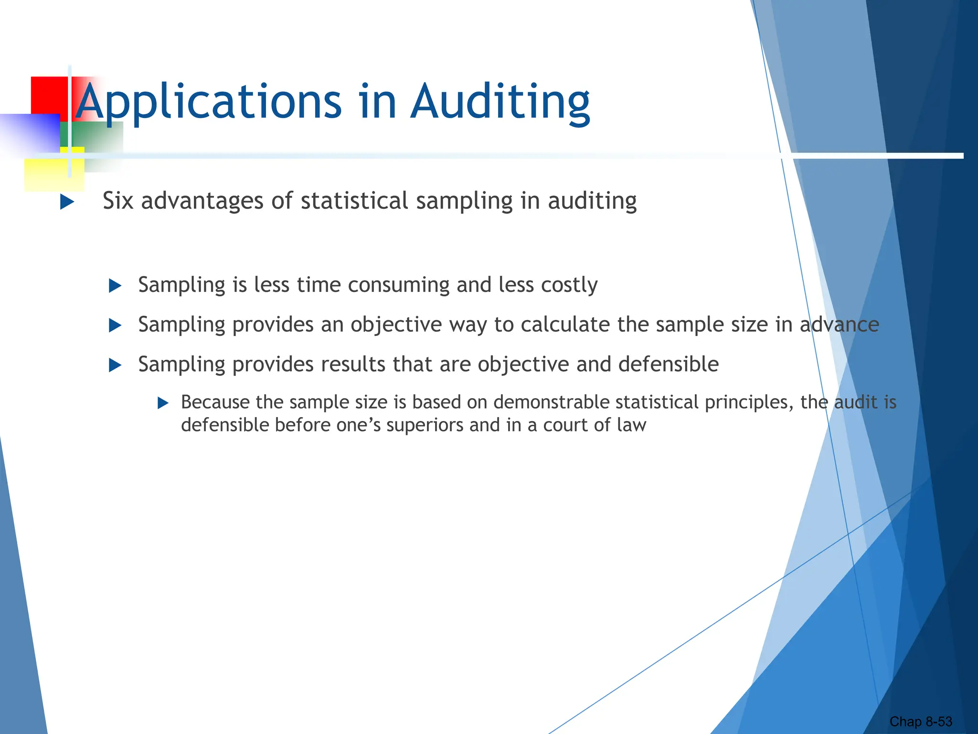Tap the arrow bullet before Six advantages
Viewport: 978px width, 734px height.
pos(67,202)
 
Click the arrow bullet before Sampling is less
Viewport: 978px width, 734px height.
pos(115,286)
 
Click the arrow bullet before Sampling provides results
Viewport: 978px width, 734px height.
pos(115,366)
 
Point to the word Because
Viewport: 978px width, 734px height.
pos(215,402)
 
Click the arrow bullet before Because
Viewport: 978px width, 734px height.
pos(163,403)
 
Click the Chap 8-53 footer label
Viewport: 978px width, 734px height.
pos(920,722)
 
